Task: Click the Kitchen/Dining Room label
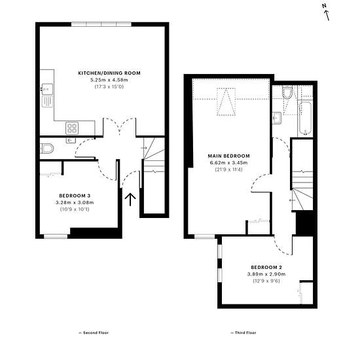109,73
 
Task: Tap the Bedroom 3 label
75,196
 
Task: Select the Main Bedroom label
228,156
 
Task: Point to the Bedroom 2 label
266,267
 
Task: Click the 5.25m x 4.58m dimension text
109,80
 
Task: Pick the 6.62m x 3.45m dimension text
228,163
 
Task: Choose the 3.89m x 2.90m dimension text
266,274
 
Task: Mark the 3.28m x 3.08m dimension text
75,202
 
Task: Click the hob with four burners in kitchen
72,128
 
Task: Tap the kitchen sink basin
47,89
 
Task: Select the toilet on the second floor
47,149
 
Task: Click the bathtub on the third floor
305,118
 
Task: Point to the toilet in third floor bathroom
287,92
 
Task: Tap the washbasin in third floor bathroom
277,118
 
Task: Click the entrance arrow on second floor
130,200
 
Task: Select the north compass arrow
326,16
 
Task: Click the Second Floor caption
94,333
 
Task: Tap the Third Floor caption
243,333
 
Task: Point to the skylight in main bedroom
226,101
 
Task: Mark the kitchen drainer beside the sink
48,101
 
